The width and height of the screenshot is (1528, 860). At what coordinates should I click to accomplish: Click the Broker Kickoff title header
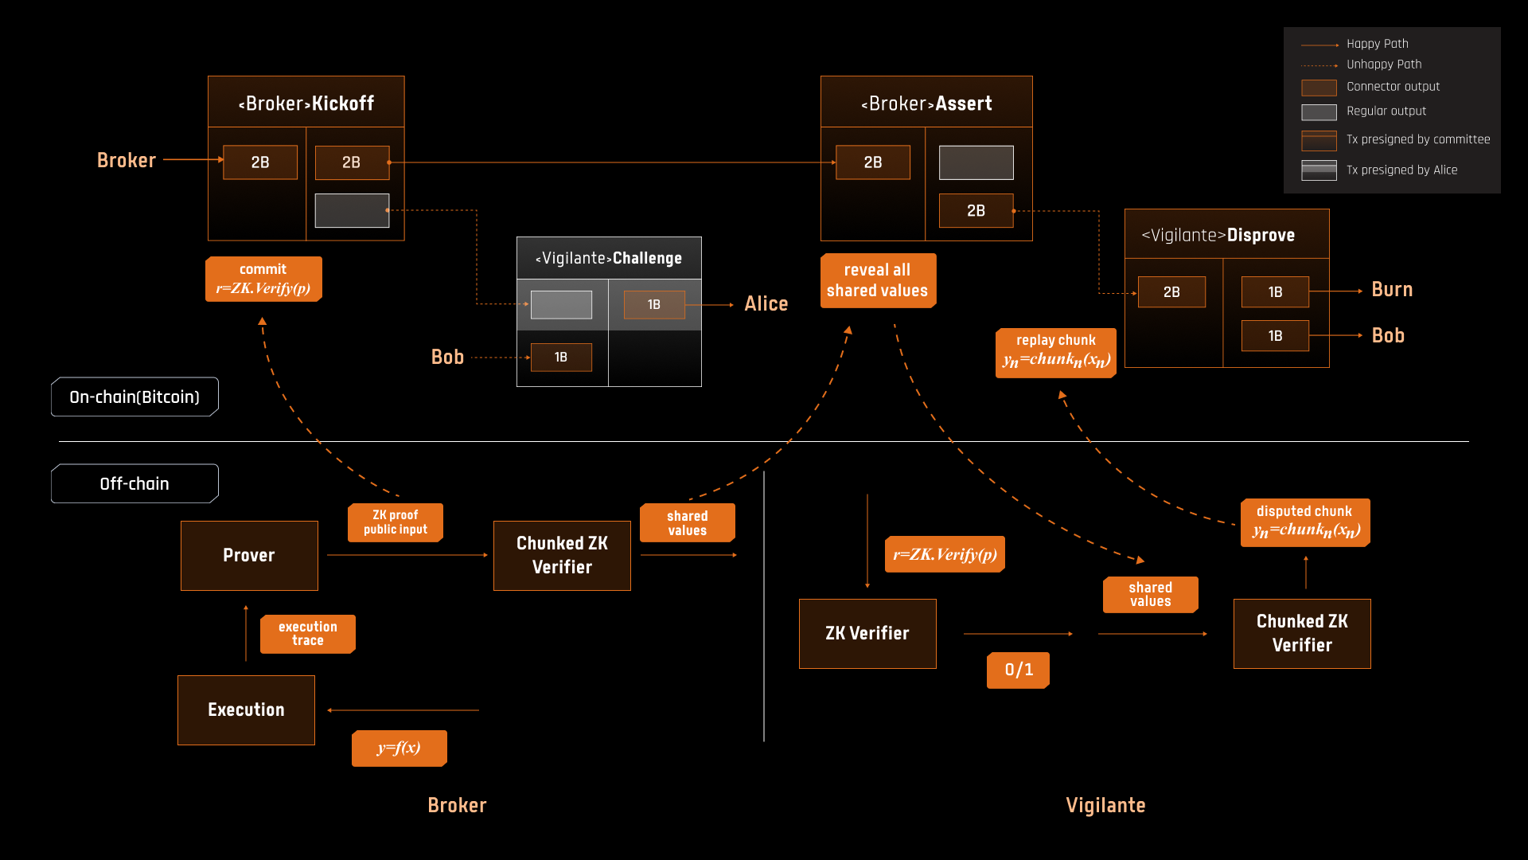(306, 103)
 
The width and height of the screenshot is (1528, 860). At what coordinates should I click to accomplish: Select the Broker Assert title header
(926, 103)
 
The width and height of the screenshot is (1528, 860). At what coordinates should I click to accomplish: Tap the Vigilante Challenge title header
(609, 258)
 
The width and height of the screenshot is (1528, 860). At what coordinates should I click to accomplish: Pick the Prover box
(249, 555)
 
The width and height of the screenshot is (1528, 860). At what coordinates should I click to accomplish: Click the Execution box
(246, 709)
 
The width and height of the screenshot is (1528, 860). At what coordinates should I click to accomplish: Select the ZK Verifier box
(867, 633)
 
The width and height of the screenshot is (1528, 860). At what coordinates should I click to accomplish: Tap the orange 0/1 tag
(1018, 670)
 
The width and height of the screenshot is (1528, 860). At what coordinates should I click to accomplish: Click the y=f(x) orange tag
(399, 748)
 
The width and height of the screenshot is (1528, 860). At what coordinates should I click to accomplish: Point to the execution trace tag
(308, 634)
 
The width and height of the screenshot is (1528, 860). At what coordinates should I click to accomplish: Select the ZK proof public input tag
(396, 522)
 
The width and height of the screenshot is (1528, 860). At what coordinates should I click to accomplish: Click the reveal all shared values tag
(877, 280)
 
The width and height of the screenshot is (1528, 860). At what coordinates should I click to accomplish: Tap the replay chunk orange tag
(1055, 352)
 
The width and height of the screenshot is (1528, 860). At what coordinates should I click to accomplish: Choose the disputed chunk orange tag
(1305, 522)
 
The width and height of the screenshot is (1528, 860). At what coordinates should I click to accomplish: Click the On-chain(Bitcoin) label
(134, 397)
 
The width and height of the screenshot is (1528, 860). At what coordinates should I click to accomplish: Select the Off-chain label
(134, 483)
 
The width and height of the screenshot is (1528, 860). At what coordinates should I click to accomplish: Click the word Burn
(1392, 290)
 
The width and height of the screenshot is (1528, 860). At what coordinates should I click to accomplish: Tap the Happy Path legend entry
(1377, 44)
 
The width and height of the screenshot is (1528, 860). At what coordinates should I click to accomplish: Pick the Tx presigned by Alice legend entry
(1401, 170)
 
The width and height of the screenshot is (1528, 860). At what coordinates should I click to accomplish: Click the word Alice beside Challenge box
(766, 304)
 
